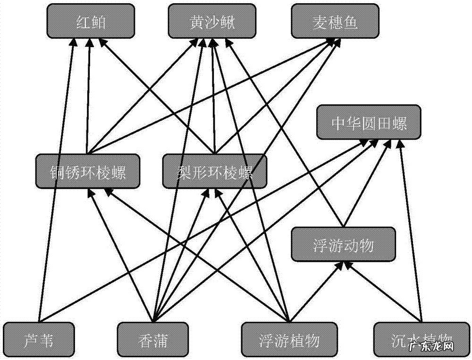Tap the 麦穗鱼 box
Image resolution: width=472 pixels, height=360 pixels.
335,21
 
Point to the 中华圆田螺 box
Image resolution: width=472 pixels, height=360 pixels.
369,123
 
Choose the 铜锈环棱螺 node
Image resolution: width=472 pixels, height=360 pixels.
87,172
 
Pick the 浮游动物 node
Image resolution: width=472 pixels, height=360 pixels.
343,244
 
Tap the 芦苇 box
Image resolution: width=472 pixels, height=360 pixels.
39,339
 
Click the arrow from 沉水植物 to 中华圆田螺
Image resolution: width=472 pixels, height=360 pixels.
411,226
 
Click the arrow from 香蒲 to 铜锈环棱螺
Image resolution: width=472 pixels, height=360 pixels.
120,255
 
